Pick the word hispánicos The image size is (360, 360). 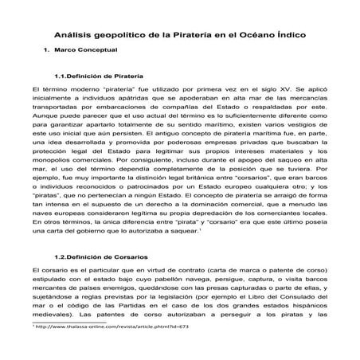303,320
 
